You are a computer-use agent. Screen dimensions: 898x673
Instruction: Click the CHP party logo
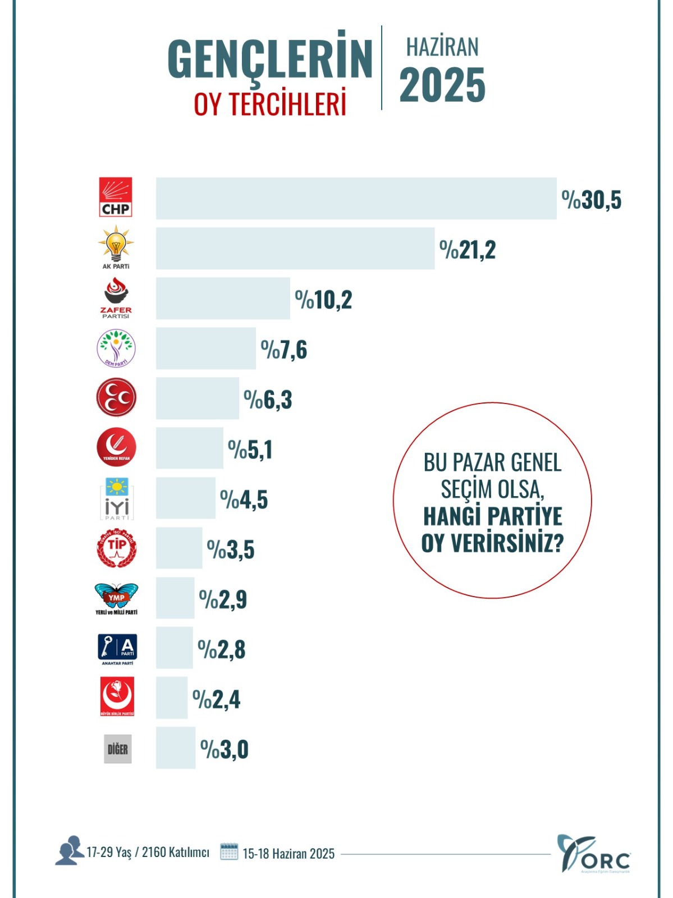click(116, 197)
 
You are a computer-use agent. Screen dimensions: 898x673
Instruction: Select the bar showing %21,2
click(295, 248)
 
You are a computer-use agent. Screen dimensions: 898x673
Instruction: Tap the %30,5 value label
click(592, 200)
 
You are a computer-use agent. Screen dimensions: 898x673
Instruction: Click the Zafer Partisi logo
click(116, 298)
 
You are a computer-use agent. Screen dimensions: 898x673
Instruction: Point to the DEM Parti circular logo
click(116, 348)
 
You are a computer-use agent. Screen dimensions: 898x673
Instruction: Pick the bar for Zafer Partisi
click(223, 298)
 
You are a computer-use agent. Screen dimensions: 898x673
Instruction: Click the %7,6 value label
click(284, 350)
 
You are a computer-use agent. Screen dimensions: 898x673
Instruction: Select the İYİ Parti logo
click(117, 498)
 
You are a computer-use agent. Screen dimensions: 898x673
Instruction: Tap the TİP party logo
click(116, 548)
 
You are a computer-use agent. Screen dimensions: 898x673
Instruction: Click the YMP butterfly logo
click(116, 598)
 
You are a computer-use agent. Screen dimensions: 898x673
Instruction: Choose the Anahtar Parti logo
click(117, 649)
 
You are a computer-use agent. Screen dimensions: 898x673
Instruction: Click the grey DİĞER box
click(118, 749)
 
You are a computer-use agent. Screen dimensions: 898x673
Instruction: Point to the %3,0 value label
click(224, 749)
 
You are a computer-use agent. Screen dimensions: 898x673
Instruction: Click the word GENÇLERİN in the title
click(270, 59)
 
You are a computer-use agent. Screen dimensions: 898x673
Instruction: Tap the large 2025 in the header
click(442, 85)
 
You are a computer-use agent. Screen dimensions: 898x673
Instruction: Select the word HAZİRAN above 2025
click(442, 47)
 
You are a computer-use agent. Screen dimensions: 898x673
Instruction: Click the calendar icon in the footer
click(229, 852)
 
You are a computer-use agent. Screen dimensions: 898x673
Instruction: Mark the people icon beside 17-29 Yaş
click(69, 851)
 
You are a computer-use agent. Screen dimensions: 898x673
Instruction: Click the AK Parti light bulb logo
click(116, 246)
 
